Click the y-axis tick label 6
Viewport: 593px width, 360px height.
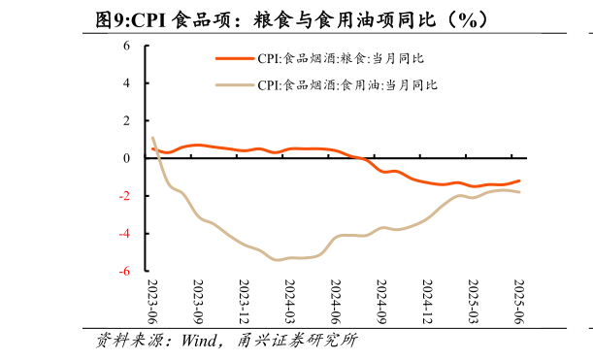[x=127, y=46]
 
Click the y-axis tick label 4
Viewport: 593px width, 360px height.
[x=127, y=83]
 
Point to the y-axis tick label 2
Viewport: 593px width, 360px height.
[x=127, y=121]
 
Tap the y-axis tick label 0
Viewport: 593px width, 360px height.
[x=127, y=158]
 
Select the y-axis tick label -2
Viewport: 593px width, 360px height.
[x=125, y=196]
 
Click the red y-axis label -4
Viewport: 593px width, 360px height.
[x=125, y=234]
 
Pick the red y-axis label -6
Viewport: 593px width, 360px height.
[x=125, y=272]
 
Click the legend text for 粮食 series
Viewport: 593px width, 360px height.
[x=341, y=59]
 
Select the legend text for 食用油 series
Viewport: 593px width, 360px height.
[x=347, y=85]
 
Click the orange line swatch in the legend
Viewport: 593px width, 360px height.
[x=234, y=59]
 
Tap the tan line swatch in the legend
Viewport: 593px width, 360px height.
[x=234, y=85]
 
